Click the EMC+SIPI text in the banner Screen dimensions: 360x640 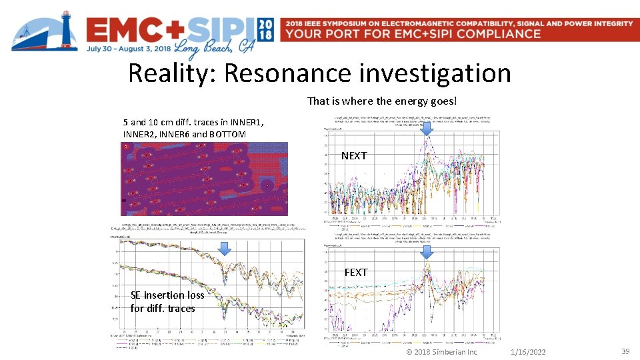[x=170, y=30]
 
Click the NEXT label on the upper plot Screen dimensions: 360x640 [x=354, y=155]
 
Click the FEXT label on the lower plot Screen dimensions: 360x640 [x=355, y=272]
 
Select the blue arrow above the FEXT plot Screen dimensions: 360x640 [x=427, y=251]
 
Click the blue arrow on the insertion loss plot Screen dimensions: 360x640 [x=225, y=249]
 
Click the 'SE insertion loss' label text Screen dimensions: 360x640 [x=167, y=295]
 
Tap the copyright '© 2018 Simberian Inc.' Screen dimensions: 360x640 [x=442, y=351]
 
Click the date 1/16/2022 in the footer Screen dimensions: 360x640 [x=527, y=351]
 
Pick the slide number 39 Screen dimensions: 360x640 [x=625, y=351]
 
